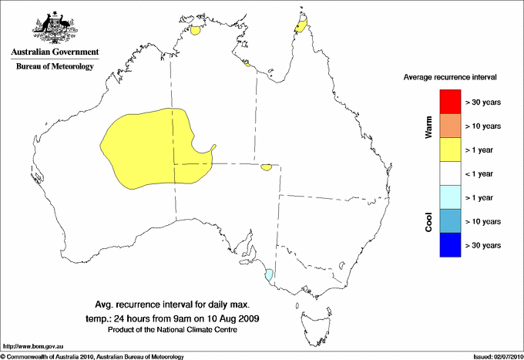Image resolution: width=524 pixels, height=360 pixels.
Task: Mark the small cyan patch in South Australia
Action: (269, 275)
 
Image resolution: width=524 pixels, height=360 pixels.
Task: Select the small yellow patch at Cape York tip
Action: (301, 29)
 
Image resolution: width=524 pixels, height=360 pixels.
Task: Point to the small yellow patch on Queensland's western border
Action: (267, 167)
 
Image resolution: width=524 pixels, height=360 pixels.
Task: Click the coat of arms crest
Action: (54, 27)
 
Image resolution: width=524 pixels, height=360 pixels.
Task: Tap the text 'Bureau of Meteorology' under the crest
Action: (55, 66)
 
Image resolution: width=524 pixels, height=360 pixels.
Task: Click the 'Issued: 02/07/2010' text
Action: (497, 356)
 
